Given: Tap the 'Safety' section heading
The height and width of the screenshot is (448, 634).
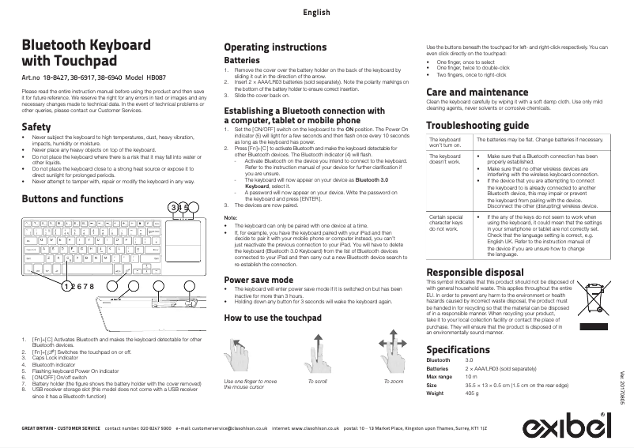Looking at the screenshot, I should (36, 127).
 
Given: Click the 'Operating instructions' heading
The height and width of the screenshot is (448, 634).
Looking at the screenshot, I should (275, 47).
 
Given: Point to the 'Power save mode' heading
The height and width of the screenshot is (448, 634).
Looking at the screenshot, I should (259, 280).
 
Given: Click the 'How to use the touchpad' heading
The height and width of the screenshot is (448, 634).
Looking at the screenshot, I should (273, 318).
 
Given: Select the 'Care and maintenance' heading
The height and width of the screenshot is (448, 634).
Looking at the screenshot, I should (477, 92).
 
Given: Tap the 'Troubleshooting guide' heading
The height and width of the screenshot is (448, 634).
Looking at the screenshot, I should (477, 126).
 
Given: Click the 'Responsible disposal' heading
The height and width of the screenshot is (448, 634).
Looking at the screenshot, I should (474, 273).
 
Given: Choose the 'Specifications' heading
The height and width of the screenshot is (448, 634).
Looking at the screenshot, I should (459, 349).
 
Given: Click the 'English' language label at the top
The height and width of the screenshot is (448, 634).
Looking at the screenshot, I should (316, 13).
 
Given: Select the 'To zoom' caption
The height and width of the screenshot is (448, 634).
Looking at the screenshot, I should (393, 381).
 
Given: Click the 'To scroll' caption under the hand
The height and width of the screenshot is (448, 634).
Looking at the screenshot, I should (318, 381).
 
